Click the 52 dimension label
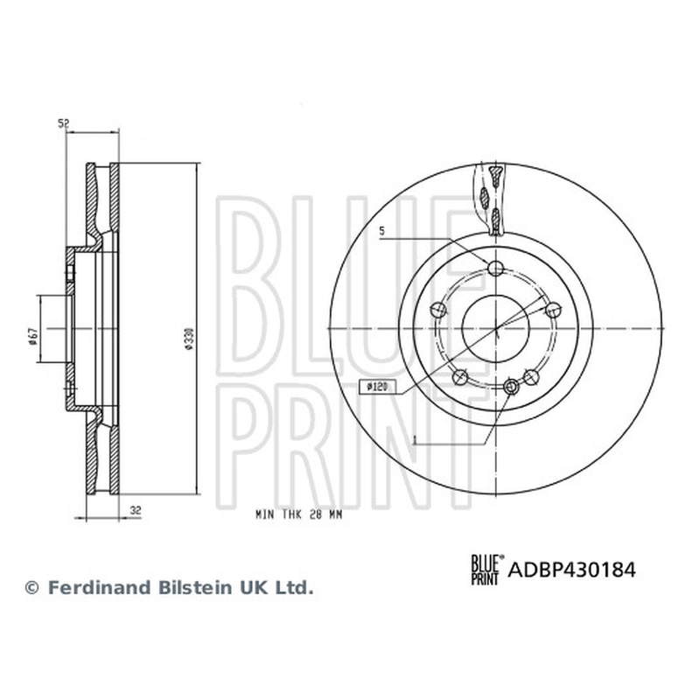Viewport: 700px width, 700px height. pos(64,123)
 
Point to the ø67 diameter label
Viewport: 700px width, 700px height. pos(31,336)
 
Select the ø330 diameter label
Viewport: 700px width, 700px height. pos(189,339)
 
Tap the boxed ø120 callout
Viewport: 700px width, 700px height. pos(377,387)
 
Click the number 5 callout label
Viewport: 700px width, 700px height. pos(381,231)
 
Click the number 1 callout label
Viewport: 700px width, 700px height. pos(415,440)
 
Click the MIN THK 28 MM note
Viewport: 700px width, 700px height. pos(298,514)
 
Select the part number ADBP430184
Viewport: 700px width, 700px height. pos(572,570)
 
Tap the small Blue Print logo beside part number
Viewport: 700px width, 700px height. pos(487,570)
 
